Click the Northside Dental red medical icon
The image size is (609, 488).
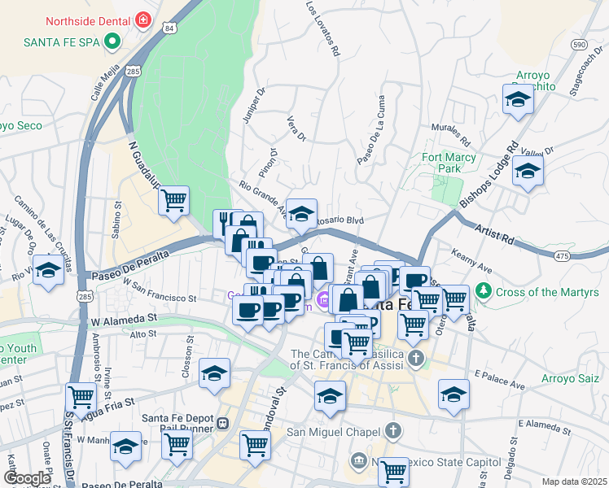click(x=143, y=19)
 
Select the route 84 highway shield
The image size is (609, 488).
click(x=169, y=28)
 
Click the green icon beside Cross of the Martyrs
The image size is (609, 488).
click(x=484, y=291)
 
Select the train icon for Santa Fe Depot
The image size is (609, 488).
click(x=222, y=424)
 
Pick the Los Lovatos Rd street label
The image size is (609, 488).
click(x=322, y=28)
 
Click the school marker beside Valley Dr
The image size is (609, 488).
click(x=528, y=172)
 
